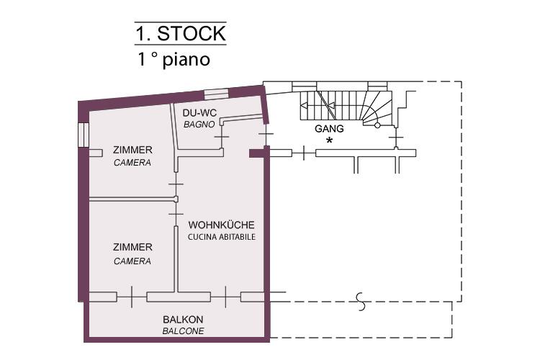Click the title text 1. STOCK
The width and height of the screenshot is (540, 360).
click(181, 33)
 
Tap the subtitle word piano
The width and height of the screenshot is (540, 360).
click(186, 60)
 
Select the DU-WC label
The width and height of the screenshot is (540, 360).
click(199, 113)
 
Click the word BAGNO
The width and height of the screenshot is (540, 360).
click(199, 125)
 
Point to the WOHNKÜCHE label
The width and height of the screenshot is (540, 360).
click(222, 225)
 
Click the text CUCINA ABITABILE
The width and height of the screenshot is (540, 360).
click(222, 237)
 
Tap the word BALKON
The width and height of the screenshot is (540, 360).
click(183, 320)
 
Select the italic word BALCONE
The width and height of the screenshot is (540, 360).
click(183, 331)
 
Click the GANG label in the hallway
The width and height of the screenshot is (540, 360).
click(329, 129)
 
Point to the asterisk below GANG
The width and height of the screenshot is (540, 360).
click(330, 140)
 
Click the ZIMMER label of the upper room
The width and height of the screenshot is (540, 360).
click(132, 150)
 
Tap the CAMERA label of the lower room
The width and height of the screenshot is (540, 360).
click(132, 261)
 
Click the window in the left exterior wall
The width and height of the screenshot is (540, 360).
click(84, 135)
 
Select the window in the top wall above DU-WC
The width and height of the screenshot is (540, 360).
click(216, 94)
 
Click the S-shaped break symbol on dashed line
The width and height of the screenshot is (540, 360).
click(361, 302)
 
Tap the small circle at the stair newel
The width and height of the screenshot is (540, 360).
click(377, 125)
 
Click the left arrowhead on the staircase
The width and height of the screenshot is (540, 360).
click(304, 105)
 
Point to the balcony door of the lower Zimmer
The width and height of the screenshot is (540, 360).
click(132, 297)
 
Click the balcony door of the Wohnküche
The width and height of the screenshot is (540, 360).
click(225, 297)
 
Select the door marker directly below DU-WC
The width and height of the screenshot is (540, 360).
click(222, 137)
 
